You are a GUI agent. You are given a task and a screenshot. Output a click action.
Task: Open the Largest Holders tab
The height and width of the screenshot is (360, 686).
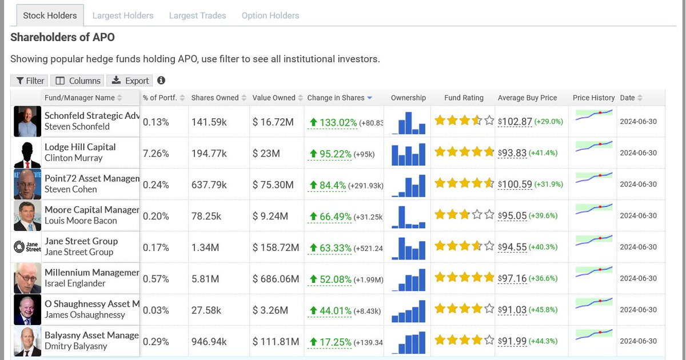[123, 15]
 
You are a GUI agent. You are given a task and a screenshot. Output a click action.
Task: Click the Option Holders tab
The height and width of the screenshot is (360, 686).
[270, 15]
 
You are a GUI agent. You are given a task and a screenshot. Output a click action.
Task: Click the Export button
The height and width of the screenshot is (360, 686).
[130, 81]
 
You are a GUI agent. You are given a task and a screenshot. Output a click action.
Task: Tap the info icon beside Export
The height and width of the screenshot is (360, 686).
[161, 81]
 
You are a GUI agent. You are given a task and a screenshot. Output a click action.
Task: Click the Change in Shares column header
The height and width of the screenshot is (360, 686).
[336, 98]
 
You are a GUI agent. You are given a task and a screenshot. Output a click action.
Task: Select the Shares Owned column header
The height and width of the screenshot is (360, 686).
[215, 98]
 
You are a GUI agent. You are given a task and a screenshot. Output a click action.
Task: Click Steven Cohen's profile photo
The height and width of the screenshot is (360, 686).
[27, 184]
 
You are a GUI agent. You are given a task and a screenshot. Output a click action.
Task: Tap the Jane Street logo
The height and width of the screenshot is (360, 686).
[27, 247]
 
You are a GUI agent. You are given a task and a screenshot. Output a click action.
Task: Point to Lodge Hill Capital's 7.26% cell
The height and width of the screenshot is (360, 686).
[155, 153]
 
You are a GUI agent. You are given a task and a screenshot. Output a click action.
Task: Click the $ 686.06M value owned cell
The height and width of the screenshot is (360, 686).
[276, 279]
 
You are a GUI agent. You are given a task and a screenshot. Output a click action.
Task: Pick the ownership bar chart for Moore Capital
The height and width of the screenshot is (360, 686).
[409, 215]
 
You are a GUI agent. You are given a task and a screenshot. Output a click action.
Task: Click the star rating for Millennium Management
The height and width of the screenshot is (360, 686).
[464, 278]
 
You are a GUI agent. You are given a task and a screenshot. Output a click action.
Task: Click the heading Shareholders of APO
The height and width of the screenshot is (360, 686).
[62, 38]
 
